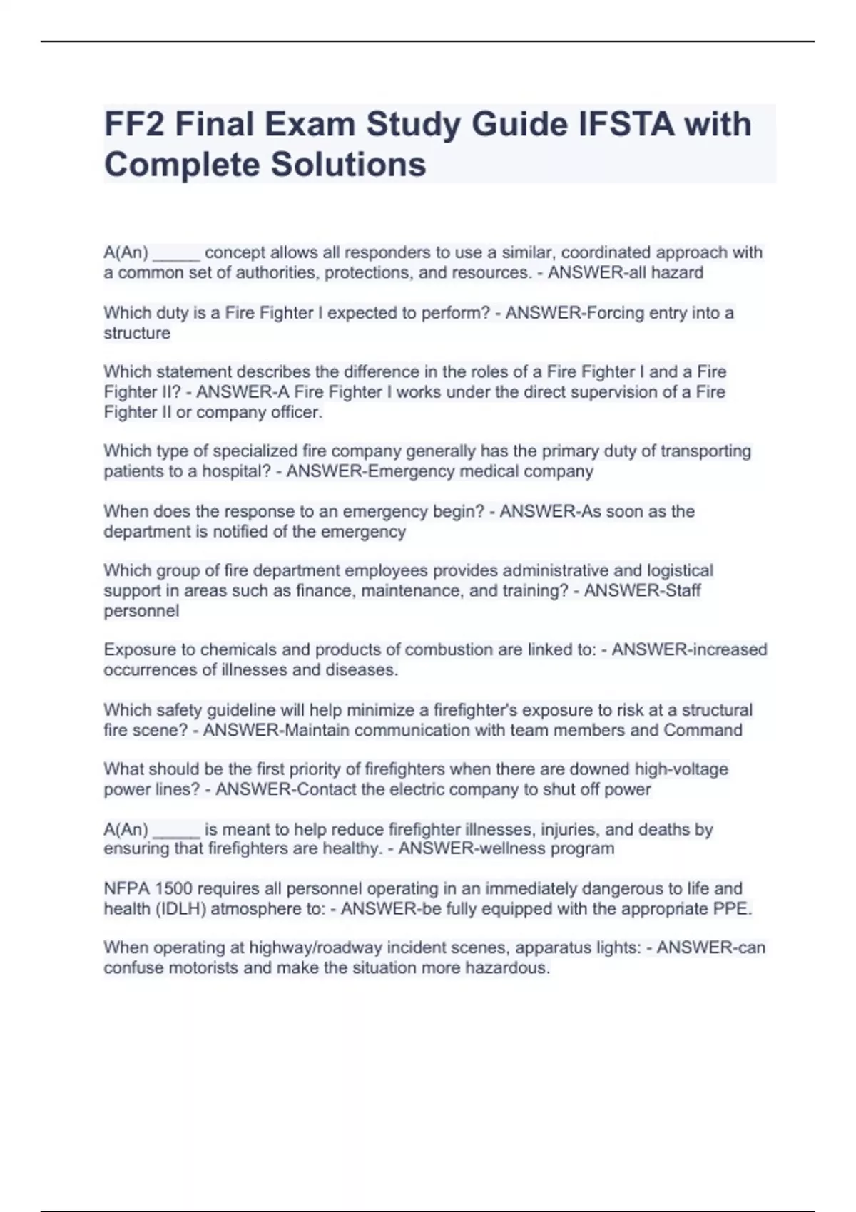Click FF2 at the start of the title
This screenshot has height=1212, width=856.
click(x=134, y=124)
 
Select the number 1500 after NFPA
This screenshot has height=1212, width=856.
click(x=173, y=888)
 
